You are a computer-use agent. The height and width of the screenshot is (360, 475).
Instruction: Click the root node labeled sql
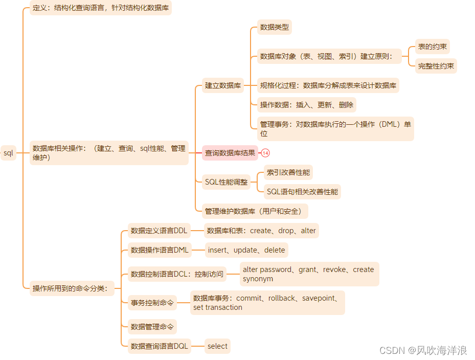8,153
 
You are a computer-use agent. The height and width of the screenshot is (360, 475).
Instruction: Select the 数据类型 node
275,27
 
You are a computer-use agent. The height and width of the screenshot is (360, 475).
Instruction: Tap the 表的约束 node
432,47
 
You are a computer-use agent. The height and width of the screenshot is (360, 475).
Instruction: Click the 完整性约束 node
436,66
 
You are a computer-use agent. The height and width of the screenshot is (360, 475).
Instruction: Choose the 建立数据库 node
223,85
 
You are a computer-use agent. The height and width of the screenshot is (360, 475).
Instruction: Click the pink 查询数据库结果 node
230,153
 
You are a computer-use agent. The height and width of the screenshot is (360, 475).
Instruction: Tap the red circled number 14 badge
265,153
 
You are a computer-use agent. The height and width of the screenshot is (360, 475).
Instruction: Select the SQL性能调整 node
226,182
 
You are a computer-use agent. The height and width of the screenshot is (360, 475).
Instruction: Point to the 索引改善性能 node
288,173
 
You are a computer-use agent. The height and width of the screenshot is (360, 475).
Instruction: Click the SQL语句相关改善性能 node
302,192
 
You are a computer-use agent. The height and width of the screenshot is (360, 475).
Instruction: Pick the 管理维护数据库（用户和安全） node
255,211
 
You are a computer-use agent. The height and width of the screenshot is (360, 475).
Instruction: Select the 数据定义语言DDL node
159,231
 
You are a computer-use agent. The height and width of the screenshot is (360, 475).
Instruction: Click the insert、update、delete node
246,250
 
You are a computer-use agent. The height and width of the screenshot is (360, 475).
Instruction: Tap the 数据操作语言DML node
160,250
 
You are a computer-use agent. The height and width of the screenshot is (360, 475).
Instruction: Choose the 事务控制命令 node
152,303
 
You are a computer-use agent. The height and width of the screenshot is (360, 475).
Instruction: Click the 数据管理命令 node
152,327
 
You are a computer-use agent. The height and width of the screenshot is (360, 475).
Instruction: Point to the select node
217,346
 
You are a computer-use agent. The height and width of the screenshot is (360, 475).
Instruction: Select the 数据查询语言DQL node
160,346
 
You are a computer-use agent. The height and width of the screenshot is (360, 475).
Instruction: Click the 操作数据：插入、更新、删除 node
306,105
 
